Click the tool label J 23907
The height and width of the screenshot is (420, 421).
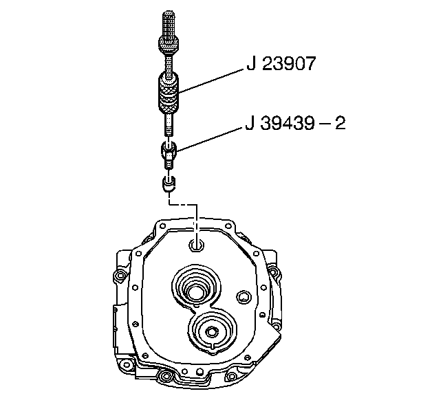pos(281,63)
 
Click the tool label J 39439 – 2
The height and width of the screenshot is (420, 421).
pos(295,123)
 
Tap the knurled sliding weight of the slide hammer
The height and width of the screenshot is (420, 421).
pos(168,93)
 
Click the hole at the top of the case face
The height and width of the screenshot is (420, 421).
pos(197,245)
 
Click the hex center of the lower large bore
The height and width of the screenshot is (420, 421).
pos(212,332)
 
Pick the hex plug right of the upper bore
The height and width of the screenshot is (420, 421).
pos(244,297)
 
